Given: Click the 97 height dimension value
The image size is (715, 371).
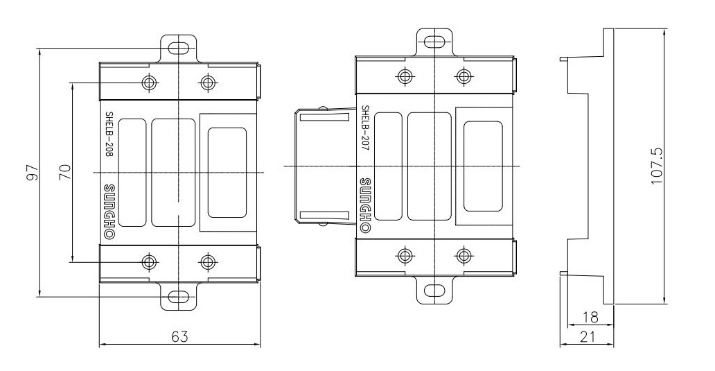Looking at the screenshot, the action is click(32, 172).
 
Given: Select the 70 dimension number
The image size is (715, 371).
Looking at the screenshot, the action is click(65, 172).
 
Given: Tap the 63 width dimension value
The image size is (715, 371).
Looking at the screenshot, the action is click(179, 337).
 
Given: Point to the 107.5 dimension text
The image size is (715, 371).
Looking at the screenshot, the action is click(656, 166).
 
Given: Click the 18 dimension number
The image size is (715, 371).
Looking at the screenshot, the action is click(590, 317).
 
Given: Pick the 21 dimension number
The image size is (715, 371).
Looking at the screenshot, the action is click(588, 337).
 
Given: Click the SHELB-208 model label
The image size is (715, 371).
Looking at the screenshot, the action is click(109, 135).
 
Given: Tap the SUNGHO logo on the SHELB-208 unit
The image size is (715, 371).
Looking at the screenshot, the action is click(109, 212).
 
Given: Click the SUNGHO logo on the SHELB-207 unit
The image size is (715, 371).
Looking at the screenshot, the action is click(365, 205).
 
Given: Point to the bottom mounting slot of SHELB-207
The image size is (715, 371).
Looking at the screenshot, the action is click(436, 291).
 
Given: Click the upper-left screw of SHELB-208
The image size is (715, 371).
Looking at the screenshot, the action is click(149, 83).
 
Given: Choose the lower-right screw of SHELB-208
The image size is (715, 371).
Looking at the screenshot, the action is click(208, 262).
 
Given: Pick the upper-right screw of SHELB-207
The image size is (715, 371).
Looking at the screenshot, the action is click(464, 76).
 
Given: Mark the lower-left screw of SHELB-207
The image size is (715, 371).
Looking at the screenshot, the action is click(405, 256).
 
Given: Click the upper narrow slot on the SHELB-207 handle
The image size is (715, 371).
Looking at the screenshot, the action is click(325, 117).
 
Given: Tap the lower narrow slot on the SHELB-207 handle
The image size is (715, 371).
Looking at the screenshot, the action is click(325, 216).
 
